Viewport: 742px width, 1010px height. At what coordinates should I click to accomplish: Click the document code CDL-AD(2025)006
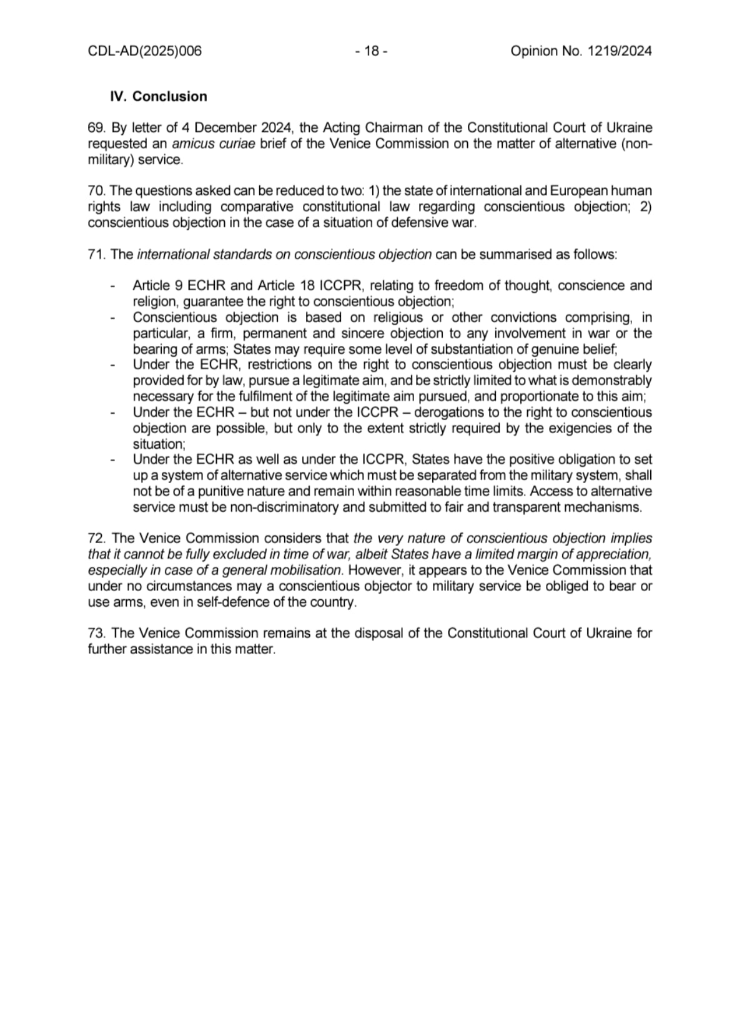[x=145, y=51]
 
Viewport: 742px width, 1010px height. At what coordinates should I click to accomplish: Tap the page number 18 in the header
[x=372, y=51]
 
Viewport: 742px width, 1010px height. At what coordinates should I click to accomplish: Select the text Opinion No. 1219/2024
[x=581, y=51]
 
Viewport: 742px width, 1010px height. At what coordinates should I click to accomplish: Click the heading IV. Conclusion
[x=159, y=97]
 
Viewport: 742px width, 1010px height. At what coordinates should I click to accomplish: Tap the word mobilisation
[x=308, y=571]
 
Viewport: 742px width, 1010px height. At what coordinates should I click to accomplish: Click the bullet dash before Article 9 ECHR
[x=112, y=286]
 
